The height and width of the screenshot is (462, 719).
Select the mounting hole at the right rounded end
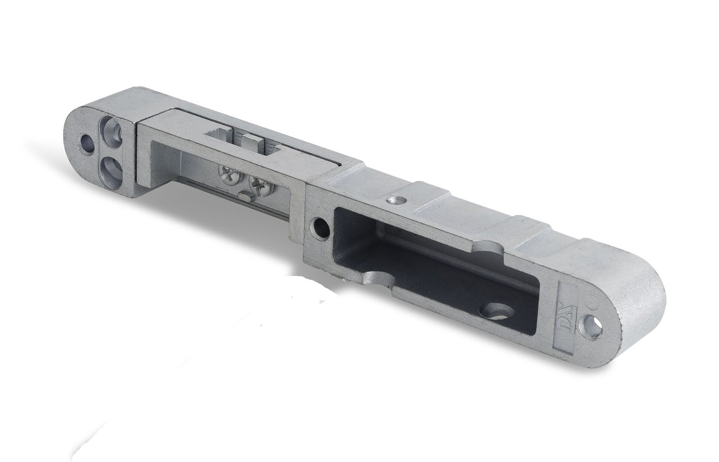pyautogui.click(x=591, y=322)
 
